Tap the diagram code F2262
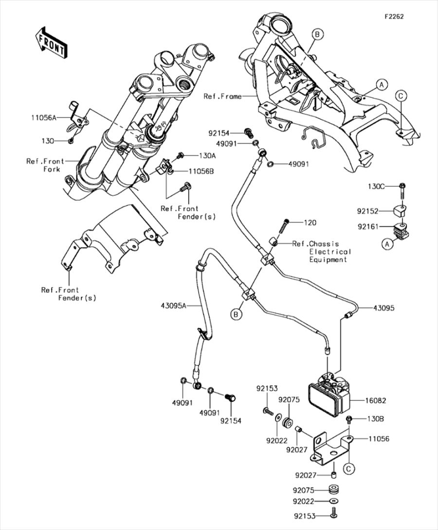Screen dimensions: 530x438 click(394, 16)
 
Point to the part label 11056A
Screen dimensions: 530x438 click(44, 118)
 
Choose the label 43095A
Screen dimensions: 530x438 click(174, 306)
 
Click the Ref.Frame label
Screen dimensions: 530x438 click(222, 97)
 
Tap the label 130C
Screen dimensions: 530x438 click(376, 186)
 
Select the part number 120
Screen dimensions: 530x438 click(310, 223)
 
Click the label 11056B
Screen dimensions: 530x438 click(188, 171)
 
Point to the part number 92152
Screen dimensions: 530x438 click(368, 212)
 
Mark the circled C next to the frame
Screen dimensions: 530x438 click(400, 96)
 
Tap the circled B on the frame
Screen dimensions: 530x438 click(317, 34)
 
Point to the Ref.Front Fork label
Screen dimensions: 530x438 click(46, 165)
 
